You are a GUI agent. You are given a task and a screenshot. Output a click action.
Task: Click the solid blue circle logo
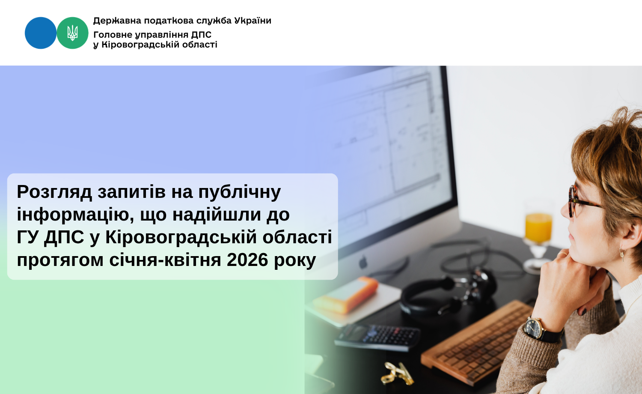(x=41, y=33)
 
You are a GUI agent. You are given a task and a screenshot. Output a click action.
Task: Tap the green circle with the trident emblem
(x=72, y=33)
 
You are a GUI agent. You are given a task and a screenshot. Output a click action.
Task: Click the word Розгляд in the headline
(x=54, y=192)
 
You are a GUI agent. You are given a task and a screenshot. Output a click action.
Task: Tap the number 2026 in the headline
(x=247, y=260)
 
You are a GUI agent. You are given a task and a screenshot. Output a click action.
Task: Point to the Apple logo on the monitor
(x=363, y=262)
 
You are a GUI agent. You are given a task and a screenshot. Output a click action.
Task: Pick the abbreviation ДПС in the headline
(x=64, y=238)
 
